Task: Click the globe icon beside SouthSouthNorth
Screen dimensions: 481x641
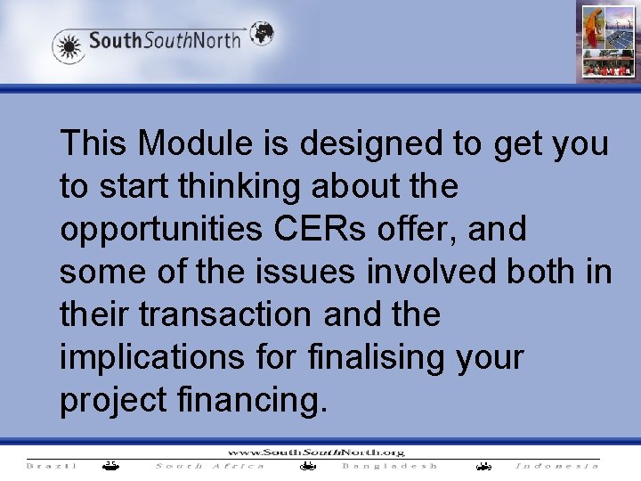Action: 261,34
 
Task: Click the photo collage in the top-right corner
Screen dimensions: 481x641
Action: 608,41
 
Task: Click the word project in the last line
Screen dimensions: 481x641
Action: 113,401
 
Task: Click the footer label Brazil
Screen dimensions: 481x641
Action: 52,466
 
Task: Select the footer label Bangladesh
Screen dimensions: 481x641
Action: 390,466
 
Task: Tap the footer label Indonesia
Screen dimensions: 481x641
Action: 557,466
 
